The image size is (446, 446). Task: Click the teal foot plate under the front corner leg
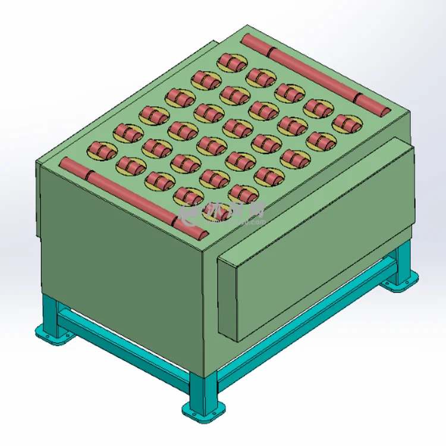(x=204, y=411)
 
